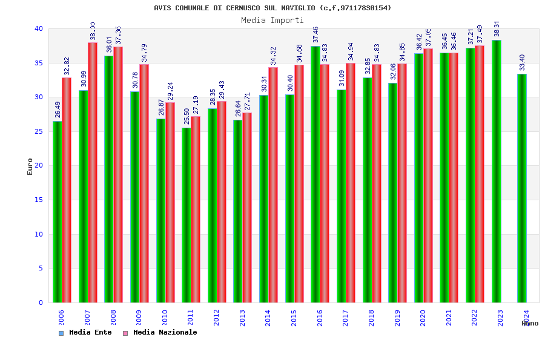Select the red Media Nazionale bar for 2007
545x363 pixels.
pos(93,172)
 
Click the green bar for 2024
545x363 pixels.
pos(522,188)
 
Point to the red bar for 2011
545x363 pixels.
pos(196,209)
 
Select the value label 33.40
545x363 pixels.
pos(522,62)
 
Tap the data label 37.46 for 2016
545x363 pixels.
pos(315,34)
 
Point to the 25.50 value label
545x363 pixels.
pos(187,116)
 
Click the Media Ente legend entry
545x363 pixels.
pos(85,333)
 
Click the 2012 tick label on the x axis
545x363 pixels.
pos(216,318)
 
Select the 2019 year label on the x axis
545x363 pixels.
pos(397,318)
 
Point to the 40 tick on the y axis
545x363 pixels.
pos(39,28)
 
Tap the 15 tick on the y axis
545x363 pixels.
pos(39,200)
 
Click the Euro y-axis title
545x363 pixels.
pos(30,166)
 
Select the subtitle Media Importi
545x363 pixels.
pos(272,20)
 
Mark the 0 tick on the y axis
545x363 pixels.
pos(41,302)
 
